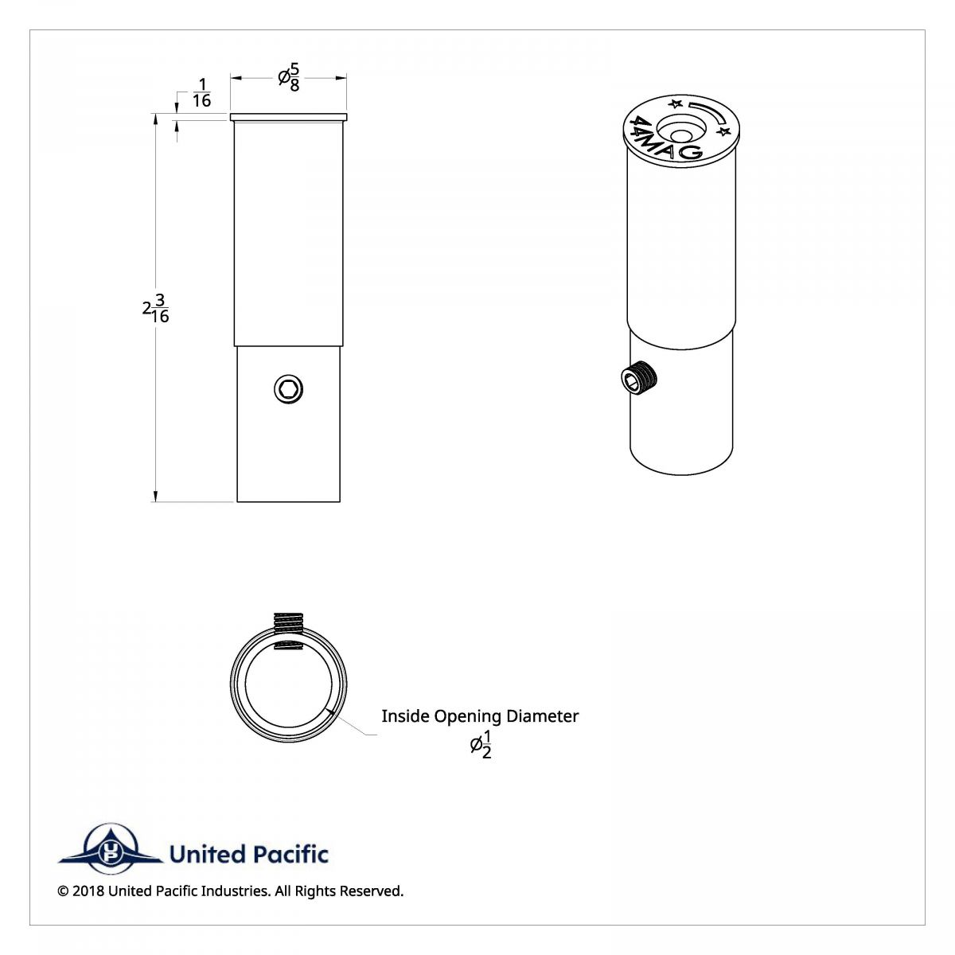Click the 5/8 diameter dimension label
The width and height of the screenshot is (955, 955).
pos(288,77)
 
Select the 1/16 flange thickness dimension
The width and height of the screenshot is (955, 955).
pos(201,92)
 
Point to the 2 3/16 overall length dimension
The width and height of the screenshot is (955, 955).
pos(156,309)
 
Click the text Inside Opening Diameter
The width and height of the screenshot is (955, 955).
pos(480,716)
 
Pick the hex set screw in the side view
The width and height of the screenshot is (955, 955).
pos(288,389)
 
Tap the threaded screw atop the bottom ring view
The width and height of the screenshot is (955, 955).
pos(289,623)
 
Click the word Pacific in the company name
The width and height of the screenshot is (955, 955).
pos(290,855)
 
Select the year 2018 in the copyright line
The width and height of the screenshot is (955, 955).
pos(88,891)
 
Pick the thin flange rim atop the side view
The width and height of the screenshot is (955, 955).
pos(288,118)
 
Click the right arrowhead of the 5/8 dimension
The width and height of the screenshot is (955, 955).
pos(341,77)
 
